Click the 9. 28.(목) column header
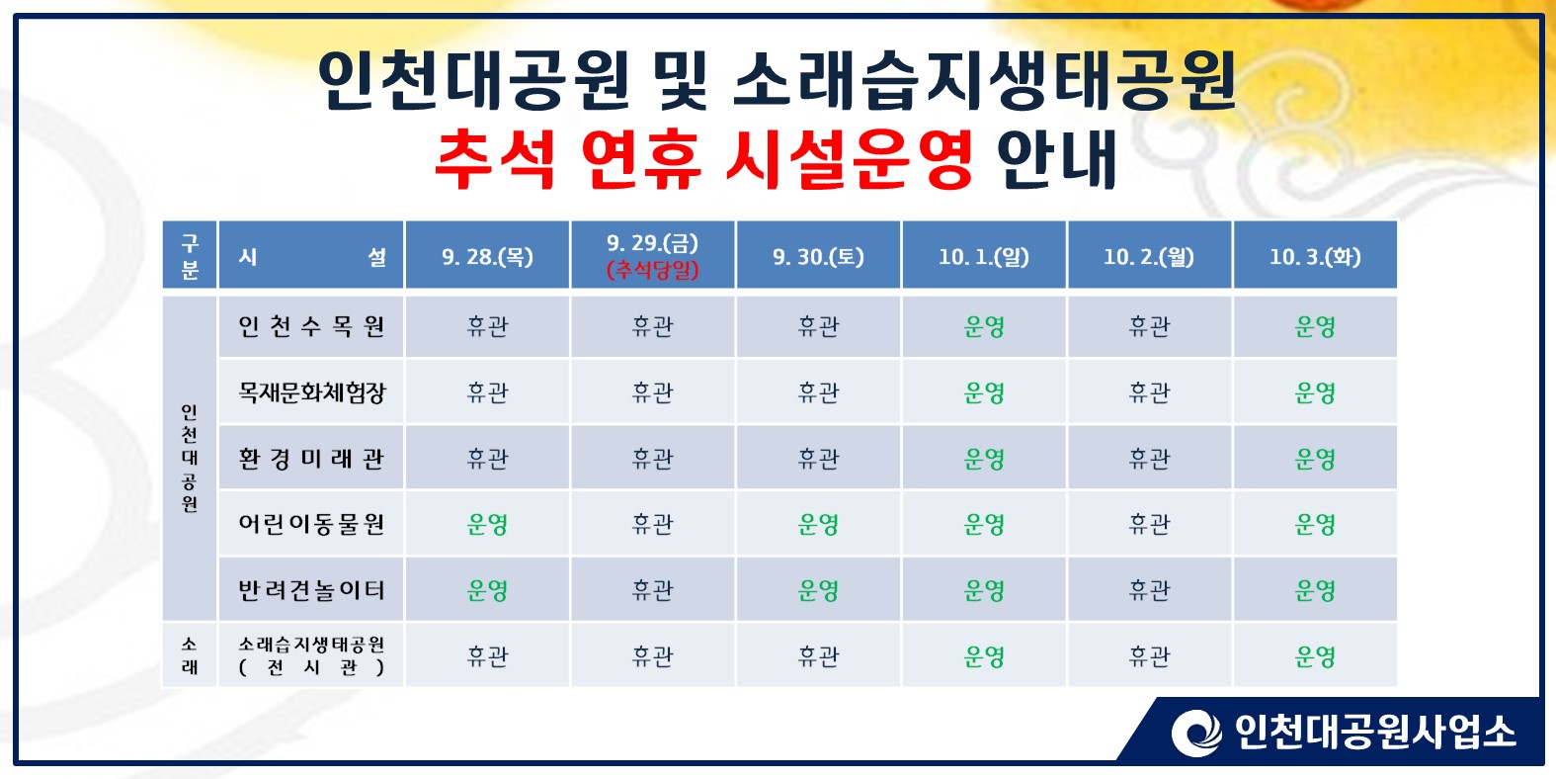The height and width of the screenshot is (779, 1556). [488, 256]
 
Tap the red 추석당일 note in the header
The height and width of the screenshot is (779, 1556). [652, 270]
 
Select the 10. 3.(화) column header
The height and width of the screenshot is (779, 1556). [1315, 256]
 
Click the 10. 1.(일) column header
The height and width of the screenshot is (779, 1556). [984, 256]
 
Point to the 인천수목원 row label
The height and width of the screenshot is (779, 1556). [311, 326]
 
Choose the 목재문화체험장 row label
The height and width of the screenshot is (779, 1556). [311, 391]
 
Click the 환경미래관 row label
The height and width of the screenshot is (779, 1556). [311, 458]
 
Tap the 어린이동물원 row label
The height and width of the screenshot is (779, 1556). [311, 524]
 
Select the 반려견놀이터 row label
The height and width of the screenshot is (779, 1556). [311, 590]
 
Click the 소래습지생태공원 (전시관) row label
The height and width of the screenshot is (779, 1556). [311, 655]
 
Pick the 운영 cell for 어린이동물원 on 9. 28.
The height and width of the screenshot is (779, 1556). [488, 524]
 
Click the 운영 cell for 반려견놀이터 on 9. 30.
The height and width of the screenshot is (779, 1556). [818, 590]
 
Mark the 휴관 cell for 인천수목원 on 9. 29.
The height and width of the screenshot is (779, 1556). [652, 326]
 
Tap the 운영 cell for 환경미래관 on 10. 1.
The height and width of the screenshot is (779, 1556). [984, 459]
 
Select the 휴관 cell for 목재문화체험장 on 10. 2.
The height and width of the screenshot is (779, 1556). [1150, 391]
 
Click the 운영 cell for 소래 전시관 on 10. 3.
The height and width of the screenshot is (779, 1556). [1315, 656]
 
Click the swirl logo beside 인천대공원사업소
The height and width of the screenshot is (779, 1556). [1196, 733]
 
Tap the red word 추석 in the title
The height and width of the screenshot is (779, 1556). [495, 159]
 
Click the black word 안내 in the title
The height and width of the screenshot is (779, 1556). [1056, 159]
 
